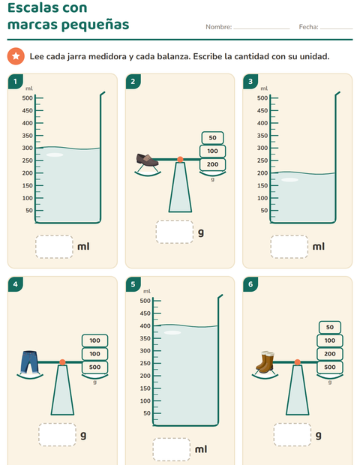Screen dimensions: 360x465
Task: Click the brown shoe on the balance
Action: click(x=147, y=160)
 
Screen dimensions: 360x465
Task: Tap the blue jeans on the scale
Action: click(x=29, y=361)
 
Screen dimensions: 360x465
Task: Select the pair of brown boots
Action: click(x=265, y=361)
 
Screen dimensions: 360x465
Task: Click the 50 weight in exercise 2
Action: click(x=212, y=138)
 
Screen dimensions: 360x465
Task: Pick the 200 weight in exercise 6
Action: click(x=330, y=354)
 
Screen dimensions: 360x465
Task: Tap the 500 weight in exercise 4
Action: click(x=94, y=367)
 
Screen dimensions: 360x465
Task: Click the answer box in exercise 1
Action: click(x=54, y=247)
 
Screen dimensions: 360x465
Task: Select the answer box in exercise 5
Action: click(x=172, y=449)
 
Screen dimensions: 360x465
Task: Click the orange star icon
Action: click(x=16, y=56)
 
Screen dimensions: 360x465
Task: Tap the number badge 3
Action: click(x=250, y=82)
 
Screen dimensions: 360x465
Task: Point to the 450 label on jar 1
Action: click(x=27, y=110)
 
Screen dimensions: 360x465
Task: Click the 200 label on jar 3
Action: click(x=262, y=173)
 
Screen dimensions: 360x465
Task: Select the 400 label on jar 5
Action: click(x=145, y=326)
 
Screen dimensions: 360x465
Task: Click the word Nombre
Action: click(x=218, y=27)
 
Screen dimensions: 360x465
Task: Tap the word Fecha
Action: click(x=308, y=27)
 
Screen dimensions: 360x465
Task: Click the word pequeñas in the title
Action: click(x=95, y=25)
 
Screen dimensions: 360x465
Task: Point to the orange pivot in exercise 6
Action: click(x=298, y=362)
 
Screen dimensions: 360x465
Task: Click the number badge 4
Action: click(x=16, y=284)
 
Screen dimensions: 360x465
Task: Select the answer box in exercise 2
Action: click(x=175, y=232)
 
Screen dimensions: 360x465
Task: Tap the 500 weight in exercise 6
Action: click(x=330, y=367)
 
